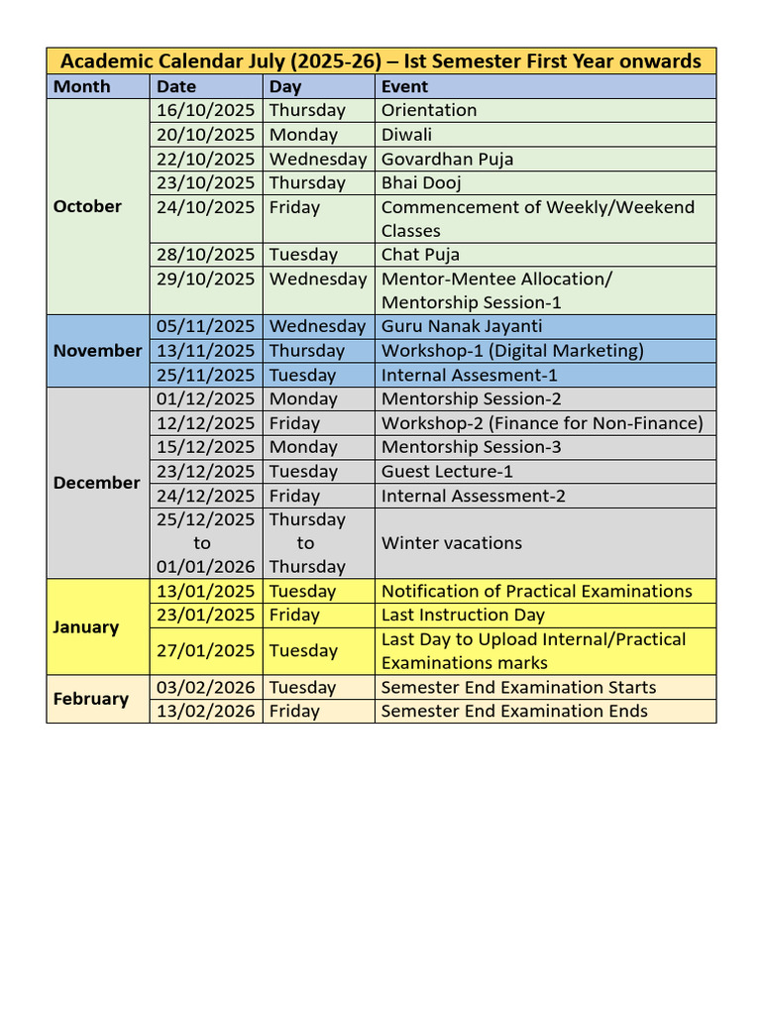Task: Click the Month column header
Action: click(82, 86)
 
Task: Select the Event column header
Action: click(404, 86)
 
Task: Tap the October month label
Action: click(87, 206)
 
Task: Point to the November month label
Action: click(97, 350)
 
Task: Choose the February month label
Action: click(90, 699)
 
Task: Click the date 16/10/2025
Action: click(205, 110)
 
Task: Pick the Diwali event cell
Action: click(406, 135)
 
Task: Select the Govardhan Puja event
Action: click(447, 159)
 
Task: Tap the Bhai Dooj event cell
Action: click(421, 182)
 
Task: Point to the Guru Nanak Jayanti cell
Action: click(462, 326)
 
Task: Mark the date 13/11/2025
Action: click(205, 350)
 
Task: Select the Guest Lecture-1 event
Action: click(447, 472)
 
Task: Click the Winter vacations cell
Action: click(451, 543)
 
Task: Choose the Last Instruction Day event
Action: click(463, 615)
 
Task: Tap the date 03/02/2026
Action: click(205, 687)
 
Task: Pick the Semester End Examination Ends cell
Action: click(514, 711)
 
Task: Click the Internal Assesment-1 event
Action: click(469, 375)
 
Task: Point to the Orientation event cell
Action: click(429, 110)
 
